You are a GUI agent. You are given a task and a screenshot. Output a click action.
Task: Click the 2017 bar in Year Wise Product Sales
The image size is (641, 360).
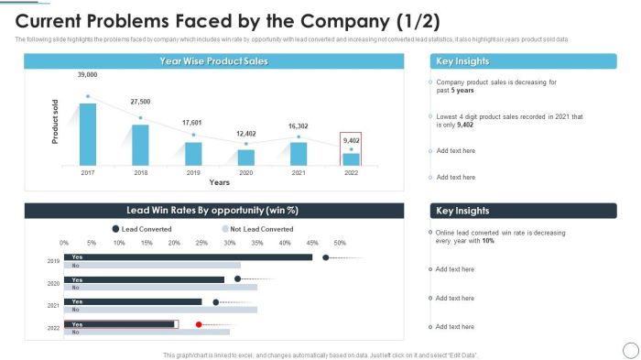click(88, 134)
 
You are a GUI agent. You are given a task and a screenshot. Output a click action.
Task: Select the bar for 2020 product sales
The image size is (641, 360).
click(245, 157)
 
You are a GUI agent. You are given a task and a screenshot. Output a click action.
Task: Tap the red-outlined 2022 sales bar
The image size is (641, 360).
click(351, 158)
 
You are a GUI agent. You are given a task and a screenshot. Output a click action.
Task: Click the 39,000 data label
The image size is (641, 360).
click(87, 75)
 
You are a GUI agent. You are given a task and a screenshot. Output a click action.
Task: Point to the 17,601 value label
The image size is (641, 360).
click(192, 123)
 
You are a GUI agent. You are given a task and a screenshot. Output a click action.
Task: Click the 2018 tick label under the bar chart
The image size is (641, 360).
click(140, 172)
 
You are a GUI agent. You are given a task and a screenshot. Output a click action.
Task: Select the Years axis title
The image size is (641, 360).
click(219, 182)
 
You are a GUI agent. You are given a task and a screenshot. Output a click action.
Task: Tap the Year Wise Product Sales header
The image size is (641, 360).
click(213, 60)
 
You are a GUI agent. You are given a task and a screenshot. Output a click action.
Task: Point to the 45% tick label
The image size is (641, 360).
click(312, 244)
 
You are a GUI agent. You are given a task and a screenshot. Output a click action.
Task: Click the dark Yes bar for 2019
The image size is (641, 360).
click(188, 257)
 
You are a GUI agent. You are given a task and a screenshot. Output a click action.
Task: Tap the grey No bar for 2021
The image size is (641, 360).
click(160, 310)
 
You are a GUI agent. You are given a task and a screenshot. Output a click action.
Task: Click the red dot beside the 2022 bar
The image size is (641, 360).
click(199, 323)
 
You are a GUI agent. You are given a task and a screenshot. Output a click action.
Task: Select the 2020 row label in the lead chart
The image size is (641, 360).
click(54, 283)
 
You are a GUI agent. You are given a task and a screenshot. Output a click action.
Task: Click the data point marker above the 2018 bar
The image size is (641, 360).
click(140, 117)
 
